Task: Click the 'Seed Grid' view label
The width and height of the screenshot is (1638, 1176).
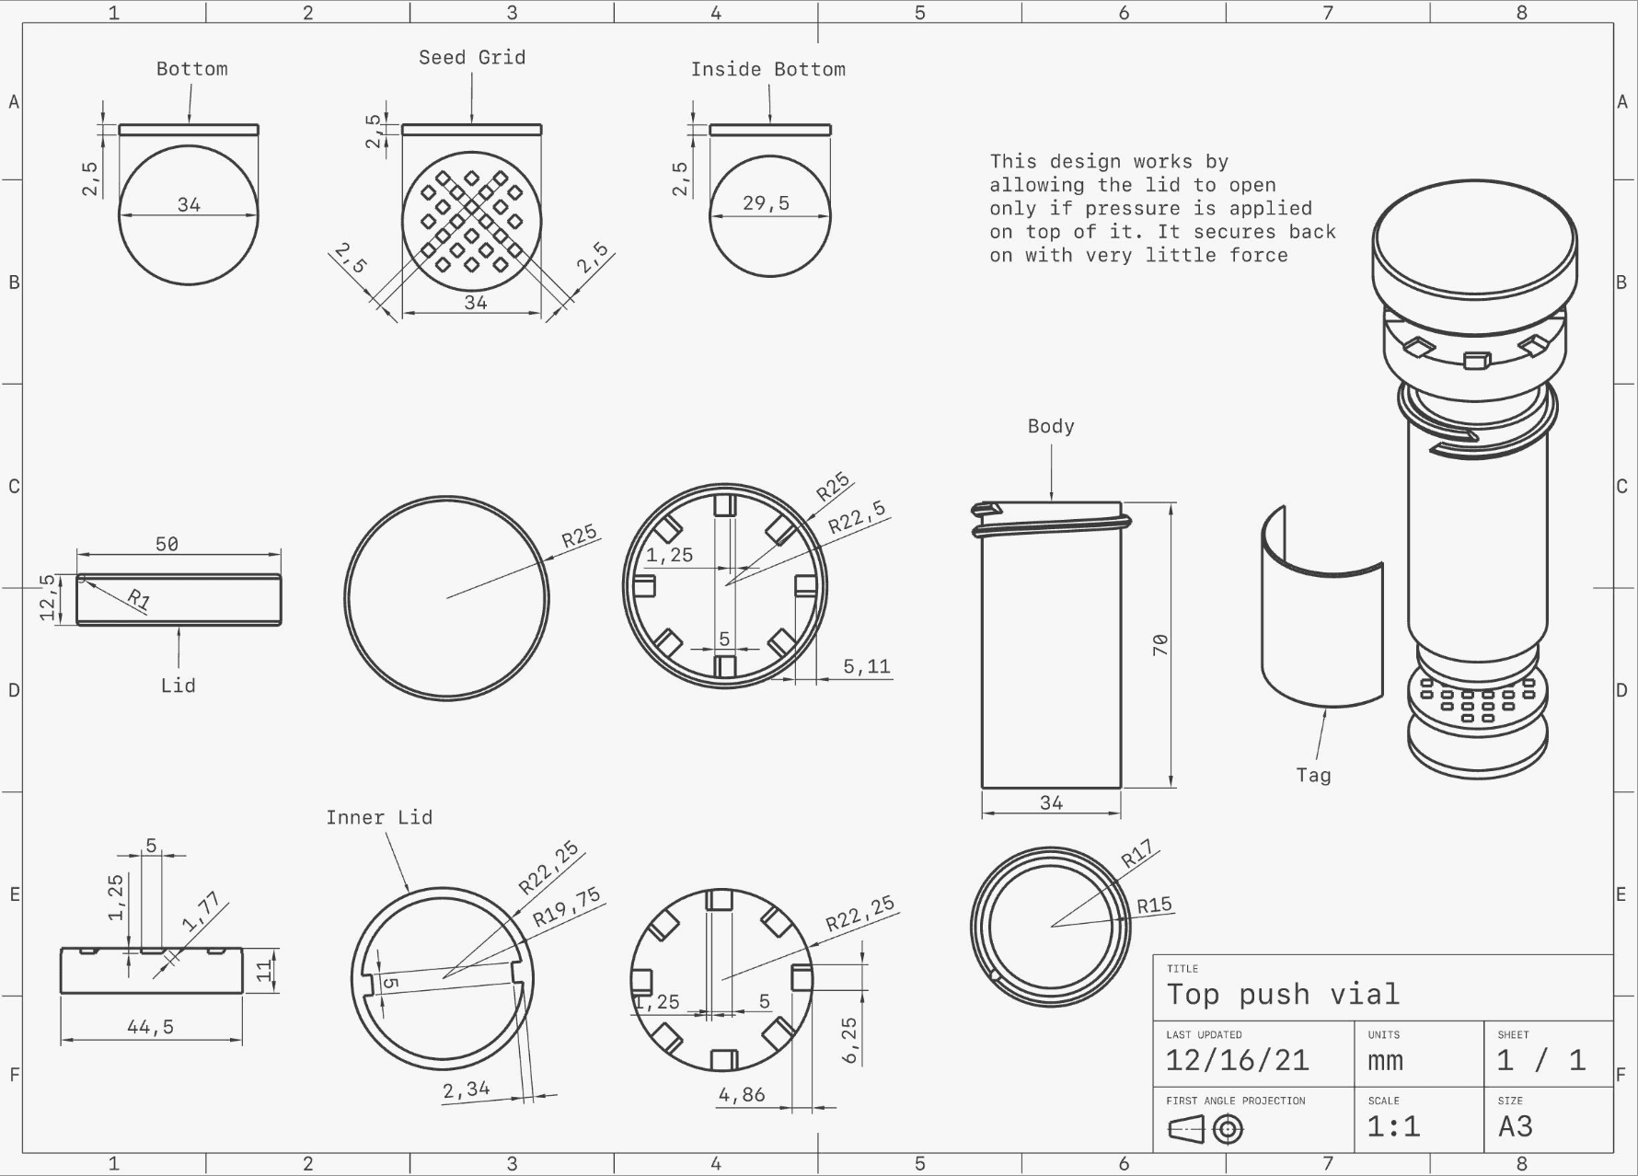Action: point(472,58)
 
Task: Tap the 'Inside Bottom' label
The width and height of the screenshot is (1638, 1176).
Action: point(768,70)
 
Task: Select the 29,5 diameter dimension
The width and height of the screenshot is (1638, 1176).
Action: point(767,203)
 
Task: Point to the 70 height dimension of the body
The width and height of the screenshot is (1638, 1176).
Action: point(1160,644)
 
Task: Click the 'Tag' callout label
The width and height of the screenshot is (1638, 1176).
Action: point(1314,776)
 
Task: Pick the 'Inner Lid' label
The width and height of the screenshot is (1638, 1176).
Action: point(379,817)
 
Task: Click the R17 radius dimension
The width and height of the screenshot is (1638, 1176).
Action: point(1137,856)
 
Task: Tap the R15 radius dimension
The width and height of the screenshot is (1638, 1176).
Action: point(1155,905)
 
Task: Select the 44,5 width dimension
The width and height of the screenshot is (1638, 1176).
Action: point(150,1027)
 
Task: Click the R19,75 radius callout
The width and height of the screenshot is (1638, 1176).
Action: point(567,906)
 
